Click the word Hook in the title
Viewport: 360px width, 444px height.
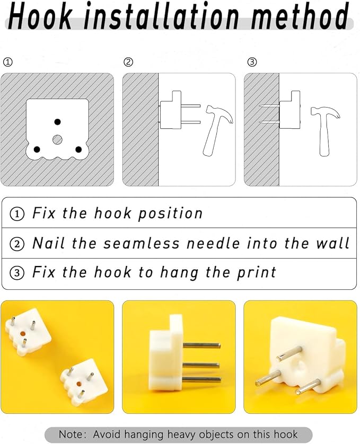tap(40, 16)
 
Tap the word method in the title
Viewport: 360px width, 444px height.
tap(300, 16)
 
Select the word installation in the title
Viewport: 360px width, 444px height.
tap(162, 16)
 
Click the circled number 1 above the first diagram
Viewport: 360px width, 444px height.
tap(7, 62)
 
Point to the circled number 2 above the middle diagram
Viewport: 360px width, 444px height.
tap(128, 62)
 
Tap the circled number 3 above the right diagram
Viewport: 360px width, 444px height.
tap(252, 62)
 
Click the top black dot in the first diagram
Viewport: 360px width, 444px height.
tap(58, 122)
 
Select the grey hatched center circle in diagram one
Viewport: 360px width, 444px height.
tap(58, 139)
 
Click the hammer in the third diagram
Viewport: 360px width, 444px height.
tap(325, 131)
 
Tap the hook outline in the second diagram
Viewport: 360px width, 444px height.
tap(171, 110)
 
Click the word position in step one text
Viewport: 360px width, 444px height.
tap(170, 214)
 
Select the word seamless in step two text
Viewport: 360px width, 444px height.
tap(141, 243)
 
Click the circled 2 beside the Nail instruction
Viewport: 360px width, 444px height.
tap(17, 244)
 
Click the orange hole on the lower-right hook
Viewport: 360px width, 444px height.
tap(79, 384)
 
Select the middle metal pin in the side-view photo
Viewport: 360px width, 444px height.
tap(201, 365)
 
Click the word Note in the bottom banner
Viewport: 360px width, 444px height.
tap(72, 434)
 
